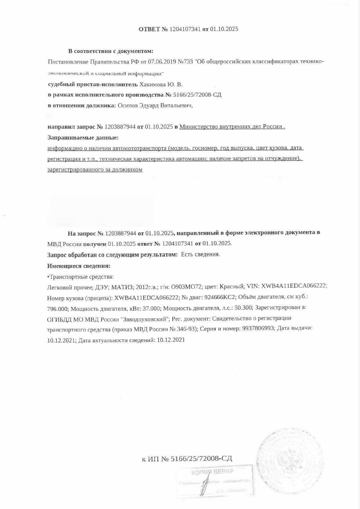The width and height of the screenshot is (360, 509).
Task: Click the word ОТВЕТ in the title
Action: [149, 29]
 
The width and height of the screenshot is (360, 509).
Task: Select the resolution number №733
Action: [185, 62]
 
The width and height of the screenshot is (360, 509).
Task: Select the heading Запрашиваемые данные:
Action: [83, 137]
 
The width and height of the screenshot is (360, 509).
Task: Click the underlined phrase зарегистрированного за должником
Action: [95, 169]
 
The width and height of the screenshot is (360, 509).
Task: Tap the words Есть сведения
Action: [200, 255]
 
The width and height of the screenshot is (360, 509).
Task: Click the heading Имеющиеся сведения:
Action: [79, 266]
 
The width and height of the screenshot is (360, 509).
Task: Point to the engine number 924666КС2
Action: [219, 297]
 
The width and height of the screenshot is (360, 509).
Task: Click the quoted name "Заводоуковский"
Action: [145, 319]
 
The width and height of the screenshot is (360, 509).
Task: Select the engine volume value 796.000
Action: [57, 308]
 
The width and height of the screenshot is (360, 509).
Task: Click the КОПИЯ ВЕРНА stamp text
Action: [212, 472]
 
